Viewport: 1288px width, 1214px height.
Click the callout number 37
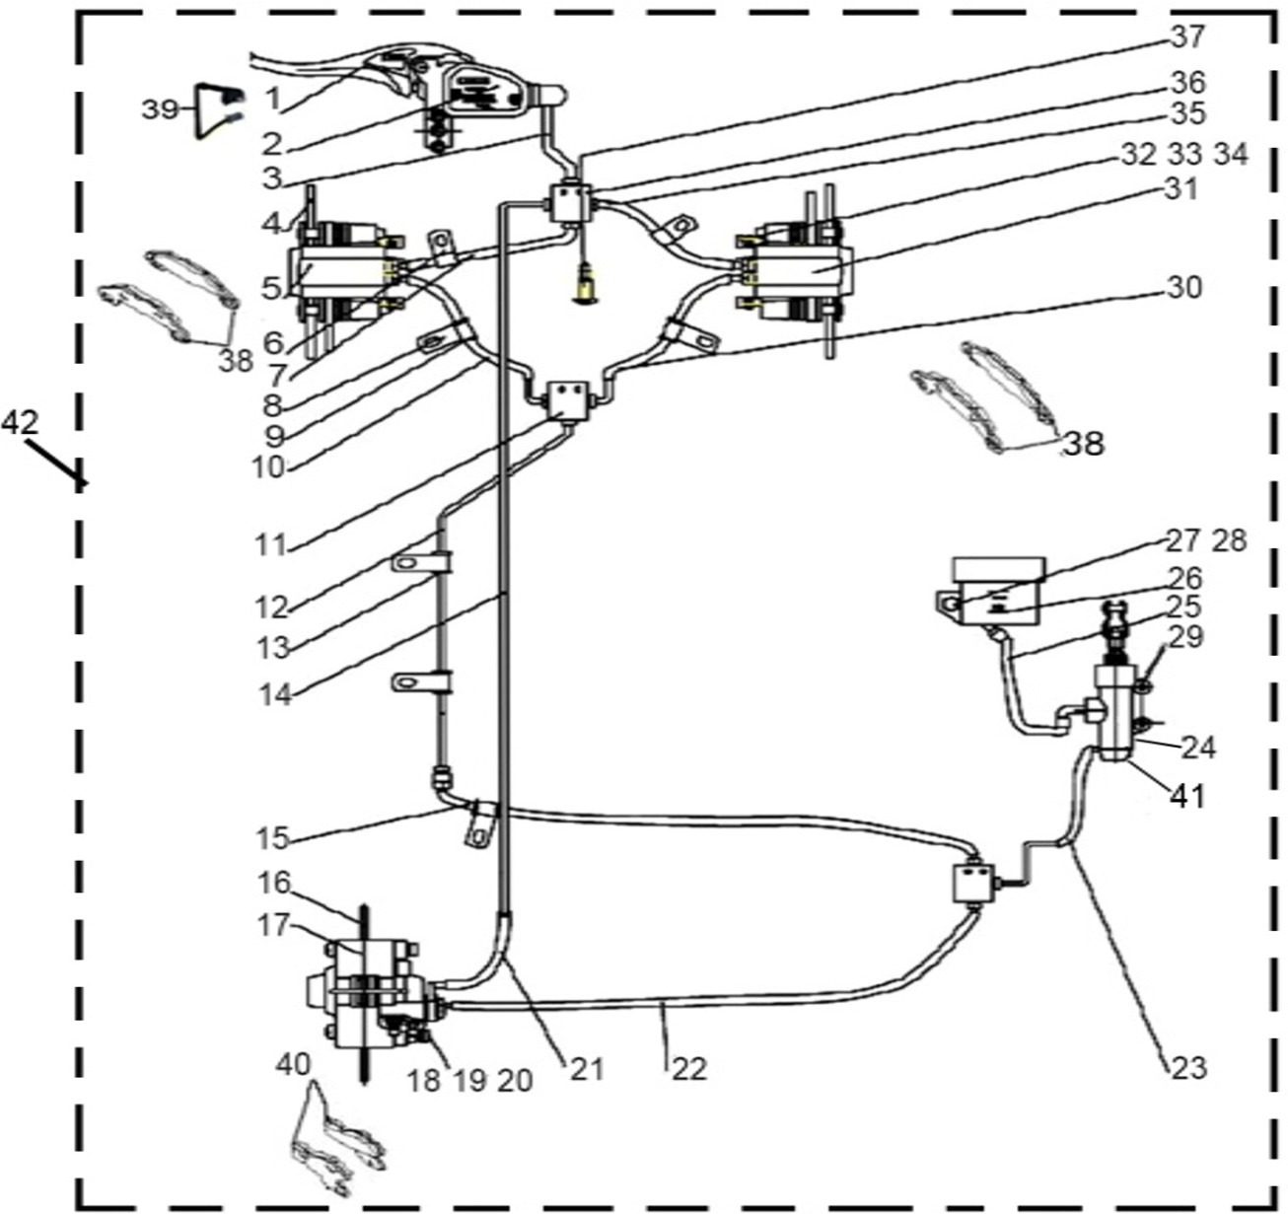coord(1188,36)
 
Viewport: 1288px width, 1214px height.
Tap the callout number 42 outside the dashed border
coord(20,423)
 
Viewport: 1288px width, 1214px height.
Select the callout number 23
coord(1187,1067)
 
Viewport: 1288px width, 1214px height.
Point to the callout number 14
coord(275,694)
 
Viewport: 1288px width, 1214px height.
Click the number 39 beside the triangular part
coord(158,109)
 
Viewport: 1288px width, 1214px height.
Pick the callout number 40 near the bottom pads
coord(294,1064)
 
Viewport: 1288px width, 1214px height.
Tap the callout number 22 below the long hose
coord(689,1067)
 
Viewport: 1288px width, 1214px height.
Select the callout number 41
coord(1187,795)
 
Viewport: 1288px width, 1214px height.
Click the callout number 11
coord(270,544)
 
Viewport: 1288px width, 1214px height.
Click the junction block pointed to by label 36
coord(568,205)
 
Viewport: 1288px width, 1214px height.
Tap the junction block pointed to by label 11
coord(566,399)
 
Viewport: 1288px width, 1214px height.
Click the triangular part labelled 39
coord(211,110)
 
